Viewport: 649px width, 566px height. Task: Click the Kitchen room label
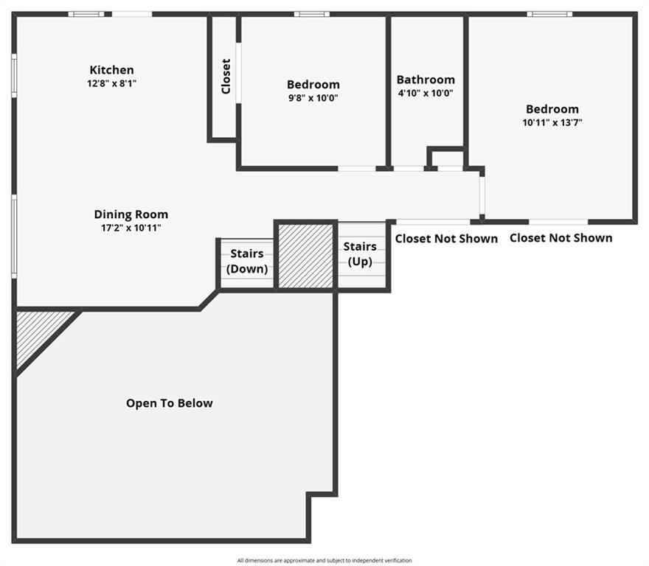(x=112, y=70)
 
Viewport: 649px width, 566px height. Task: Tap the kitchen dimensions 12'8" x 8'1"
(x=112, y=83)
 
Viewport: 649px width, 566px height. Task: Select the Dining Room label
(x=131, y=214)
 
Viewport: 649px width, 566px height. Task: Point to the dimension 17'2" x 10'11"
(x=131, y=228)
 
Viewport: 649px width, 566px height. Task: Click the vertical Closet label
(x=226, y=77)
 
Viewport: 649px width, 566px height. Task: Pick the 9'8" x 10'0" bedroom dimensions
(x=313, y=98)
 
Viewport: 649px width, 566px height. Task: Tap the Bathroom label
(x=426, y=80)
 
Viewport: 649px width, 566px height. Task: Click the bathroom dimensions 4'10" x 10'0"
(x=426, y=93)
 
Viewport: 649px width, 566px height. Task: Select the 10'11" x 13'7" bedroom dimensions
(x=552, y=122)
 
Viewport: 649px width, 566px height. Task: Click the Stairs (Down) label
(x=247, y=261)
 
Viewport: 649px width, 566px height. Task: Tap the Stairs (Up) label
(x=360, y=254)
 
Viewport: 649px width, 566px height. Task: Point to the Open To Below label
(x=170, y=403)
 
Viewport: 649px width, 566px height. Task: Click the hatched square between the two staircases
(x=306, y=256)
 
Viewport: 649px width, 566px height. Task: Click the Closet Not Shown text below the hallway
(x=446, y=239)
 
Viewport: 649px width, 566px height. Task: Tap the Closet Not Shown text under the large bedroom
(x=560, y=238)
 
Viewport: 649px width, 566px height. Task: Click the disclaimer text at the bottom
(x=324, y=561)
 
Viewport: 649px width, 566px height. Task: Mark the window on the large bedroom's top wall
(x=549, y=14)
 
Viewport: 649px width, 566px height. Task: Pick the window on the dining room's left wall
(x=14, y=237)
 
